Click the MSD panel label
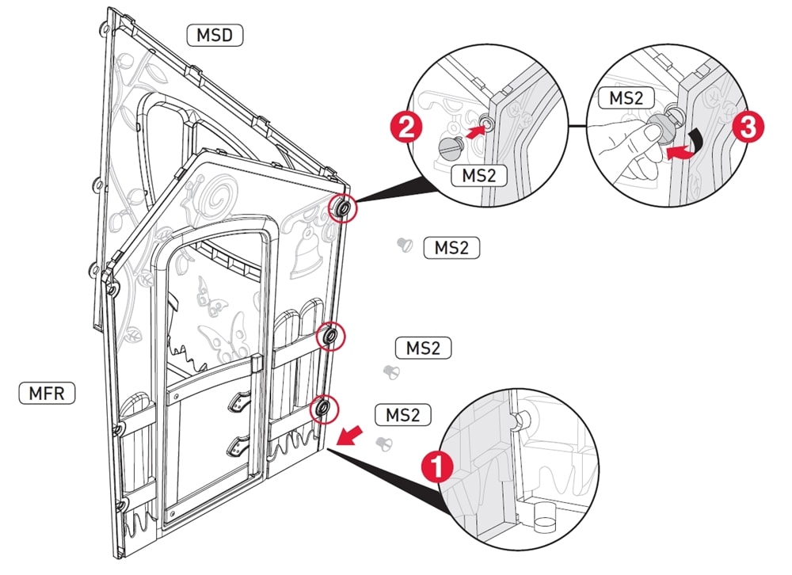[x=215, y=35]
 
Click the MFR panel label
[x=46, y=392]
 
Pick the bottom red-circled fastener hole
[x=324, y=409]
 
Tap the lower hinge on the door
[x=238, y=449]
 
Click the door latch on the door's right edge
[x=255, y=366]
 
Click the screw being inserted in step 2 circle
[x=452, y=147]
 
